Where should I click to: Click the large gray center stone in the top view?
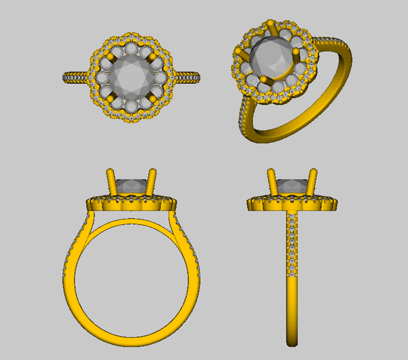point(133,76)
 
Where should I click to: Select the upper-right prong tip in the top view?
point(156,54)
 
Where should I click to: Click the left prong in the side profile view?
point(271,181)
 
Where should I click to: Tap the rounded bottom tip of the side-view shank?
point(291,344)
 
